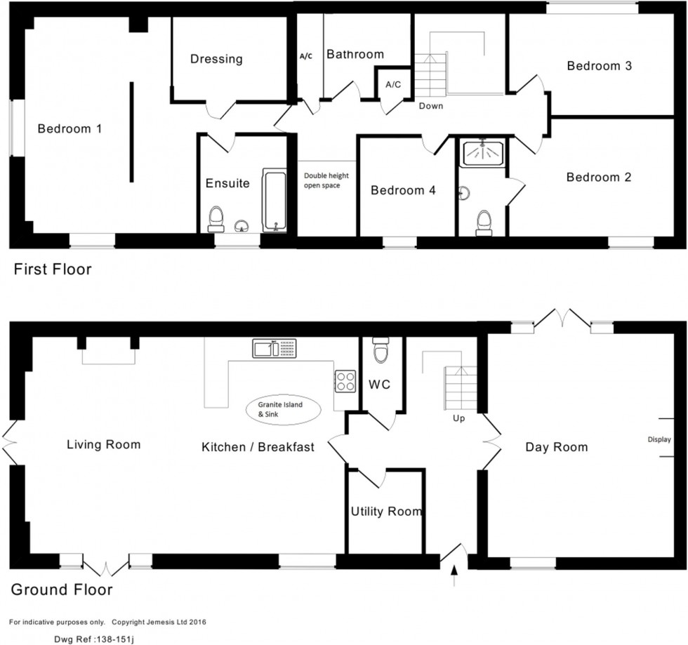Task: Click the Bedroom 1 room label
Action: pyautogui.click(x=70, y=128)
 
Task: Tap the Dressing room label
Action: pyautogui.click(x=216, y=59)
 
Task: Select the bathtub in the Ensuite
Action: pyautogui.click(x=274, y=199)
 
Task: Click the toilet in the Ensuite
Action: pyautogui.click(x=216, y=218)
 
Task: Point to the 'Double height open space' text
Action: pyautogui.click(x=326, y=180)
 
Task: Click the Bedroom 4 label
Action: pyautogui.click(x=398, y=190)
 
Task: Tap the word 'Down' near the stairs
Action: pyautogui.click(x=430, y=106)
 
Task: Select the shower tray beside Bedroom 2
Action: pyautogui.click(x=482, y=154)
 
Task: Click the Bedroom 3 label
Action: pyautogui.click(x=600, y=66)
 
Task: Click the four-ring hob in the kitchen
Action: pyautogui.click(x=345, y=380)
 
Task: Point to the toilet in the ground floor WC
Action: pyautogui.click(x=381, y=350)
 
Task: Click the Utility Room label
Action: pyautogui.click(x=386, y=511)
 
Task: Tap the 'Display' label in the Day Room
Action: pyautogui.click(x=659, y=439)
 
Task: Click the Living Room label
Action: pyautogui.click(x=103, y=444)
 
